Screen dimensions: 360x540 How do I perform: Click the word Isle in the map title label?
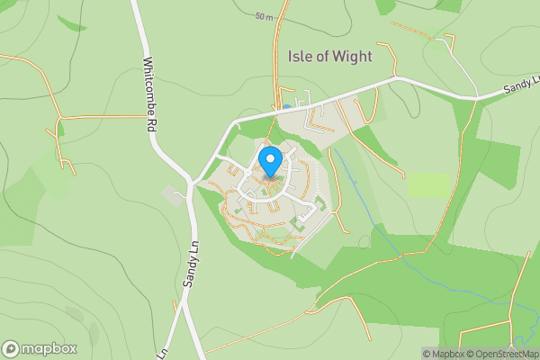[300, 56]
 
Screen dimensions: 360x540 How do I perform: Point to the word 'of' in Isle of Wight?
[322, 56]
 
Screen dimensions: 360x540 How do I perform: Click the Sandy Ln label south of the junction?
[190, 261]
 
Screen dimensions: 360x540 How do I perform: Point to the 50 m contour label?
[263, 17]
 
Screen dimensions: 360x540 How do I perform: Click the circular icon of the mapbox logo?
[12, 348]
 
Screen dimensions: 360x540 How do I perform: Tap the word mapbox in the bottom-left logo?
[49, 348]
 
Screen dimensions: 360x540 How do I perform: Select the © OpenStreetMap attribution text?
[502, 354]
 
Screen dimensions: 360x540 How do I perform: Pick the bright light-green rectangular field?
[427, 184]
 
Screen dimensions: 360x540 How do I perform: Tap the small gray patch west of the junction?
[172, 194]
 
